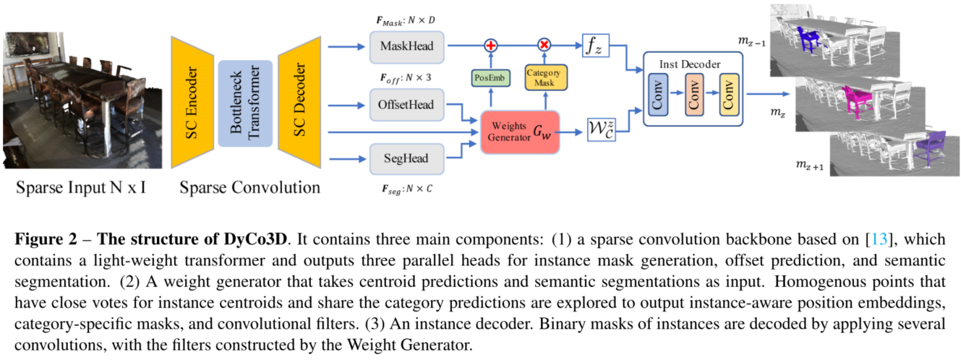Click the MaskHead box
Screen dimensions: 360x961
(406, 46)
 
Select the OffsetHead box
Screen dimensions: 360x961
(406, 105)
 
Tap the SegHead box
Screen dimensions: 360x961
(406, 158)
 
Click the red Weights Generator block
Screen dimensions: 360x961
(520, 132)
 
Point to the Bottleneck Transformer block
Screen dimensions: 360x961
(244, 101)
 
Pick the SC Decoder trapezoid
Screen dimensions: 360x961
(299, 101)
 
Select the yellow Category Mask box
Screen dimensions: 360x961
(544, 77)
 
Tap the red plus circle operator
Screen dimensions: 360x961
(491, 45)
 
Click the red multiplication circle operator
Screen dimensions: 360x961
(544, 45)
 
